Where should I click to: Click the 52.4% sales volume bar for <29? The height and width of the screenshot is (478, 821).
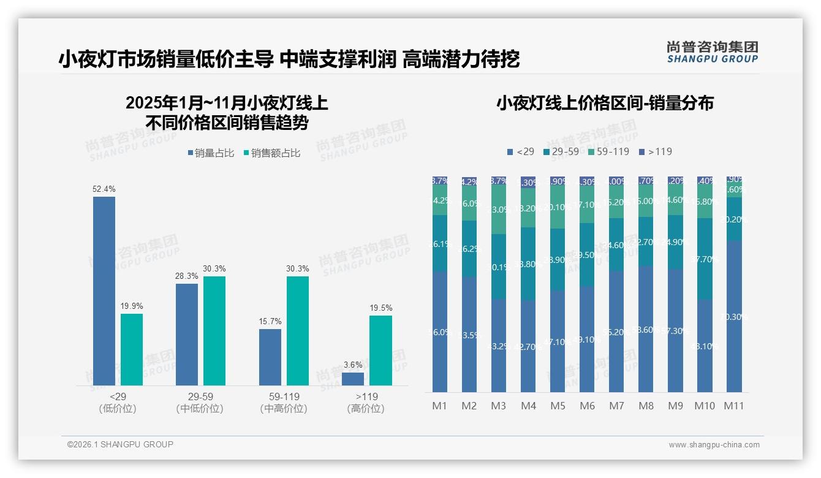point(104,290)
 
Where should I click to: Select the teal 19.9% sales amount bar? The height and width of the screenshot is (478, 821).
point(132,349)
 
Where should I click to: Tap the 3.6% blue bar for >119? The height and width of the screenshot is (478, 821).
point(353,379)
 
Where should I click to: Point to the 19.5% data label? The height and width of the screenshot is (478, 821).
point(380,308)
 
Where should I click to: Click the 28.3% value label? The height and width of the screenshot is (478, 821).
point(187,276)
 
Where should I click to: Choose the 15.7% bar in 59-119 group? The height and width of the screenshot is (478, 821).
point(270,357)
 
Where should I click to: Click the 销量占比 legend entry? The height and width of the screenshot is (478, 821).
point(211,153)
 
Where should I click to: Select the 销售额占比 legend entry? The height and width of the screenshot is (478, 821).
point(272,153)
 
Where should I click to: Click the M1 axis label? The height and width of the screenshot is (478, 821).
point(439,406)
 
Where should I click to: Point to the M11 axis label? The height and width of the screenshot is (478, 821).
point(733,406)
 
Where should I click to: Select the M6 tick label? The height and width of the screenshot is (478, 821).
point(587,406)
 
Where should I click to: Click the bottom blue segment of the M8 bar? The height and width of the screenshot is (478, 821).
point(646,329)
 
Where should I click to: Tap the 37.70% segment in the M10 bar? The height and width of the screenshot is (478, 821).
point(705,259)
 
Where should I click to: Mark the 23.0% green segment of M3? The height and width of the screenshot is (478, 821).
point(499,209)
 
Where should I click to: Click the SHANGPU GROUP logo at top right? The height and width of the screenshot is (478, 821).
point(712,52)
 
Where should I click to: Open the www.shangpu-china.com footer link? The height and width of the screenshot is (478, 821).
point(714,445)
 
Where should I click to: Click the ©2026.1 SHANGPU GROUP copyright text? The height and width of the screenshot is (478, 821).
point(120,444)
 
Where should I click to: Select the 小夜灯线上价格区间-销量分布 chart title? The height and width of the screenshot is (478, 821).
point(605,103)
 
